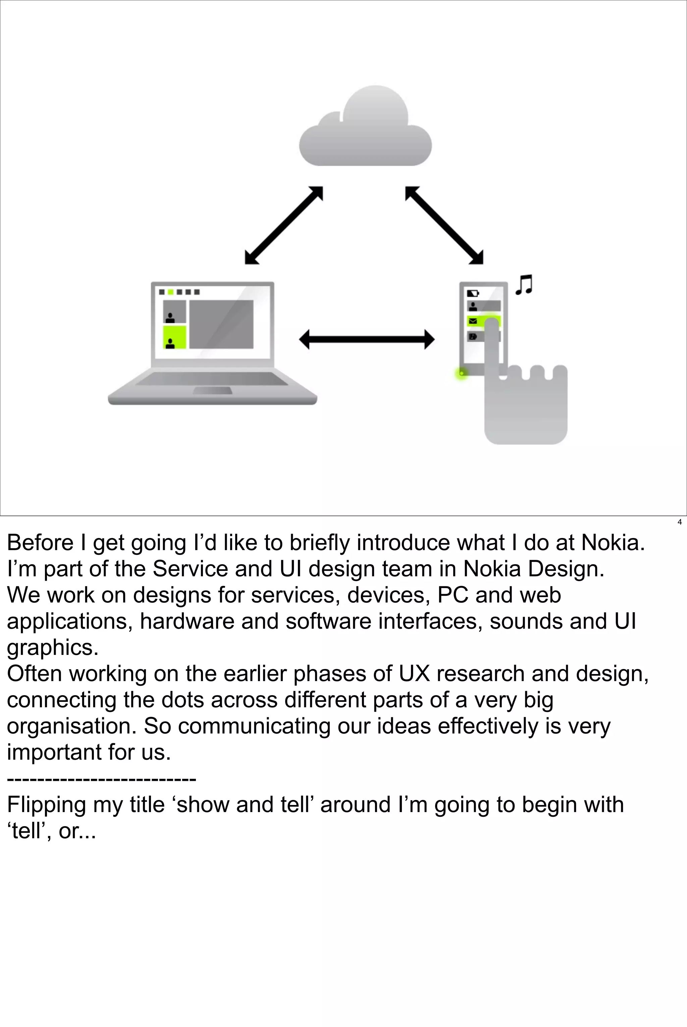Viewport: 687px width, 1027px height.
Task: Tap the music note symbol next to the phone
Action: pyautogui.click(x=524, y=285)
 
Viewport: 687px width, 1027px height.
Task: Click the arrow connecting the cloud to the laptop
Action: pyautogui.click(x=283, y=225)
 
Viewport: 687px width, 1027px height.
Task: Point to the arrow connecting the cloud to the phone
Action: pyautogui.click(x=444, y=225)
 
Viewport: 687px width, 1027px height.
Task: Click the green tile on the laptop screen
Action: pyautogui.click(x=174, y=337)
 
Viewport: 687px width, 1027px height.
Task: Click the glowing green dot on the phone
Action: pyautogui.click(x=461, y=373)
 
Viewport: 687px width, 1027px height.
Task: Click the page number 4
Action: pyautogui.click(x=679, y=522)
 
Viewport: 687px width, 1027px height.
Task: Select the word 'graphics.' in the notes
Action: pyautogui.click(x=53, y=648)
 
